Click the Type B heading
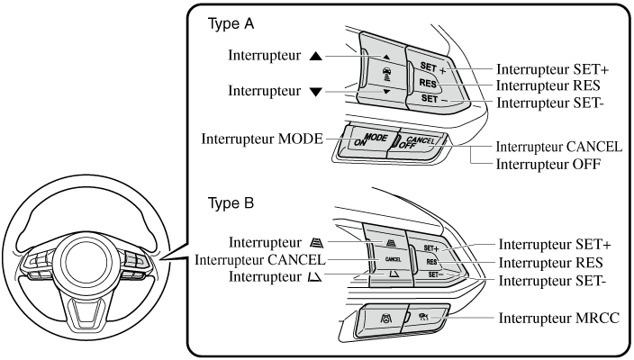(232, 203)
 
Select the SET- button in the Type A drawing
(430, 100)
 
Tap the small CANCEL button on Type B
(392, 259)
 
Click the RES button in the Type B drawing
(432, 261)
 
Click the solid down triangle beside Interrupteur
(314, 91)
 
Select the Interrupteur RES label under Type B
(550, 264)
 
